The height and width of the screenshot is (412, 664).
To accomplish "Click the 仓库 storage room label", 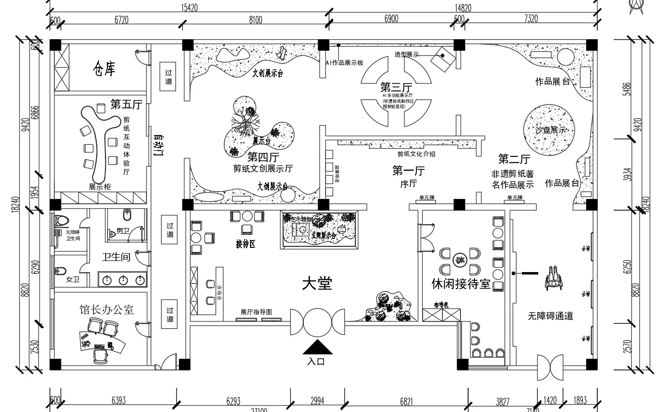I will (104, 69).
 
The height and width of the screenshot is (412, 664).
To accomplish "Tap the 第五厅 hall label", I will (126, 104).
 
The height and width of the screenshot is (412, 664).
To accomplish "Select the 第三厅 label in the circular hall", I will (396, 87).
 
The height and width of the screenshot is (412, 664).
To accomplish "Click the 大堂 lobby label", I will (317, 284).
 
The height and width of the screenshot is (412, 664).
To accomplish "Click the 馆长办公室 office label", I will (106, 309).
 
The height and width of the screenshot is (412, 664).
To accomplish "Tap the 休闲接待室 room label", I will (461, 284).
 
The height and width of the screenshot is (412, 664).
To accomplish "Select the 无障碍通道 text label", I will (550, 316).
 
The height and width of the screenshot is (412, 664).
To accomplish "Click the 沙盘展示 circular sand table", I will (549, 130).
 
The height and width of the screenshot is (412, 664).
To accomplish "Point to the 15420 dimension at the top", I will (189, 8).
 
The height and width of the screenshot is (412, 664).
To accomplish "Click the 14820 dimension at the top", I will (462, 8).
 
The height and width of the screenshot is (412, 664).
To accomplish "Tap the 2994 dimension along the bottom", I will (317, 400).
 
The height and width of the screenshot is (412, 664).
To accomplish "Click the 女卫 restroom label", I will (73, 279).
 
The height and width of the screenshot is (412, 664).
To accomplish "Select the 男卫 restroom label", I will (123, 231).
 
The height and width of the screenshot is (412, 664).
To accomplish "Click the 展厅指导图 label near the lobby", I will (256, 312).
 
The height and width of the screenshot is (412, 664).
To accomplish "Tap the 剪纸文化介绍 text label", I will (416, 154).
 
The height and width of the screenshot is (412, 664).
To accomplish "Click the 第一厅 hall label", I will (408, 171).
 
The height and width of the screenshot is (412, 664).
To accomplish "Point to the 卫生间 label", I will (116, 257).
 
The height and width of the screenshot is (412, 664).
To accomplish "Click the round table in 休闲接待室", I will (459, 261).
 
